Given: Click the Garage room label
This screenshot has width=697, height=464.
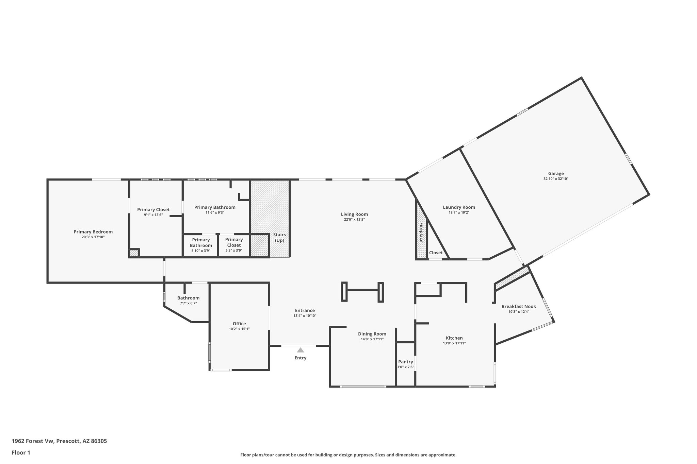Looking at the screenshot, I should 556,173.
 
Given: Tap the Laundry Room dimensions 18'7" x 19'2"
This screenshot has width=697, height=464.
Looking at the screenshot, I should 459,212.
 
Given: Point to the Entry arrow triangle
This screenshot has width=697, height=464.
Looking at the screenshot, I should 300,350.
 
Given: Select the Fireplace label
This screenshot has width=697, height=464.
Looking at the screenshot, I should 421,232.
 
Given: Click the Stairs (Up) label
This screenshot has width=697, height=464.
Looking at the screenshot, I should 279,238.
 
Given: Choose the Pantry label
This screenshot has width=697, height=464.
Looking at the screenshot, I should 405,362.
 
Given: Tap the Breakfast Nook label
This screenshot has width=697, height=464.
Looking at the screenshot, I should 519,306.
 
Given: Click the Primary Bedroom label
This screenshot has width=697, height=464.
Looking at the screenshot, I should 93,232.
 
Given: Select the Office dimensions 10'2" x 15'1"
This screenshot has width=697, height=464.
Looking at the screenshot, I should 239,329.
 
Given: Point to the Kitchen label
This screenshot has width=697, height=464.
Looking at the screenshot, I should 454,338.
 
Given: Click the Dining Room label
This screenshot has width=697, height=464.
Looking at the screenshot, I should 372,334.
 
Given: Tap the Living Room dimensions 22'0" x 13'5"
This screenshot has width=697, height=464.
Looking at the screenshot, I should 354,220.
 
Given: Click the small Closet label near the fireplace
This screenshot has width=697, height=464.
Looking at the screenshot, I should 436,253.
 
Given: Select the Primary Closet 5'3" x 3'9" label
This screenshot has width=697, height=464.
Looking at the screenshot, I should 234,242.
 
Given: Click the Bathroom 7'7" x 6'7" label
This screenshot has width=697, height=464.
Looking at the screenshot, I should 188,298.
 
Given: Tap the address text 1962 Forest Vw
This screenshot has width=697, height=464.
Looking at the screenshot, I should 33,441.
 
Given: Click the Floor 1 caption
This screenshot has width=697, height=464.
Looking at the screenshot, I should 21,452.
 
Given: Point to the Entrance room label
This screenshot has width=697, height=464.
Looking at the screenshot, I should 305,310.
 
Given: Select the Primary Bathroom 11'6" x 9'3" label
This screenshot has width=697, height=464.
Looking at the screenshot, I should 215,207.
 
